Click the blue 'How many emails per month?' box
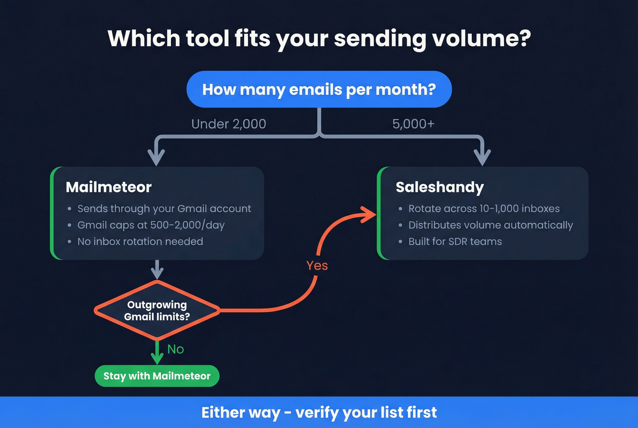(319, 89)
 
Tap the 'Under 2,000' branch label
(228, 124)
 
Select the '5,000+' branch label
(413, 124)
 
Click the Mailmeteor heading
(108, 187)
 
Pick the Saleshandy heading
(439, 187)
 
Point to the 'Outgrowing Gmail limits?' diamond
(157, 310)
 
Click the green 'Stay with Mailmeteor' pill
(157, 376)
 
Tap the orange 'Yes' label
(317, 266)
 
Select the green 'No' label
(175, 349)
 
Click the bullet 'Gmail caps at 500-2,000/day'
(150, 225)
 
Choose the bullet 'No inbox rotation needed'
(140, 242)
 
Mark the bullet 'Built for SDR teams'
(455, 242)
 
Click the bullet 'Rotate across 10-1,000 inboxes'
(484, 209)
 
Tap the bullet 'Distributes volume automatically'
(490, 225)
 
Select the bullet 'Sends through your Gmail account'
(164, 209)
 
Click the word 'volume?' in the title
(481, 39)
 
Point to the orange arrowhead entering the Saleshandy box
(368, 215)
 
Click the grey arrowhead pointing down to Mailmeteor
(156, 158)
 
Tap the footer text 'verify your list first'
(366, 413)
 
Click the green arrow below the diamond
(157, 353)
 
